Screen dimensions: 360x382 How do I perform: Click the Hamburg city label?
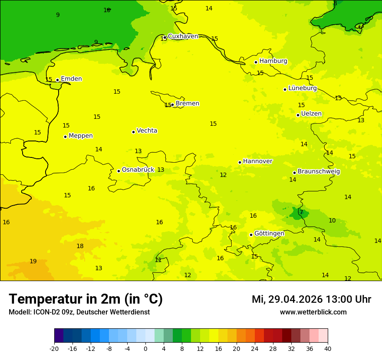[x=273, y=61]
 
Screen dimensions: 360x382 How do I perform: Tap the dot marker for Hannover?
[x=240, y=162]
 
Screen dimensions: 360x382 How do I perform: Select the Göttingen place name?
[x=269, y=233]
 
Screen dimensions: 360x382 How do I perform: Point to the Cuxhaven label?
[x=183, y=36]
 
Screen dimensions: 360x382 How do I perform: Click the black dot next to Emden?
[x=57, y=80]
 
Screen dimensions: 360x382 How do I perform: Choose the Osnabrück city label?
[x=138, y=170]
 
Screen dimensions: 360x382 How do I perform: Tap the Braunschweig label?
[x=319, y=171]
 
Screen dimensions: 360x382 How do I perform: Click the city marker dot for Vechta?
[x=133, y=132]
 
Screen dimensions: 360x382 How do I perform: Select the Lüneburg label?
[x=302, y=88]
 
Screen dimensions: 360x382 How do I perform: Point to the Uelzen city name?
[x=311, y=114]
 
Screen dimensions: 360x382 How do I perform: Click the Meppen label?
[x=80, y=136]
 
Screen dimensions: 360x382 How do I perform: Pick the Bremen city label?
[x=187, y=104]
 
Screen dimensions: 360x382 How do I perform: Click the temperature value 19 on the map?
[x=33, y=261]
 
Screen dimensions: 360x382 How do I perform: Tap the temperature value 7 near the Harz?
[x=301, y=212]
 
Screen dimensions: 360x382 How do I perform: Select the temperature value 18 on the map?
[x=80, y=246]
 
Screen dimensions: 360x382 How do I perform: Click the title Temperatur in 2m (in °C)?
[x=86, y=299]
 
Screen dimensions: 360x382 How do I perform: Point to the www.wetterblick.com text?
[x=313, y=312]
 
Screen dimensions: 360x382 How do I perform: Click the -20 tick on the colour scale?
[x=54, y=348]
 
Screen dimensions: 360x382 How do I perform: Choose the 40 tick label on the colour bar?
[x=328, y=348]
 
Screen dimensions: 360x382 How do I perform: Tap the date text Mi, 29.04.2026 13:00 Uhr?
[x=311, y=299]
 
